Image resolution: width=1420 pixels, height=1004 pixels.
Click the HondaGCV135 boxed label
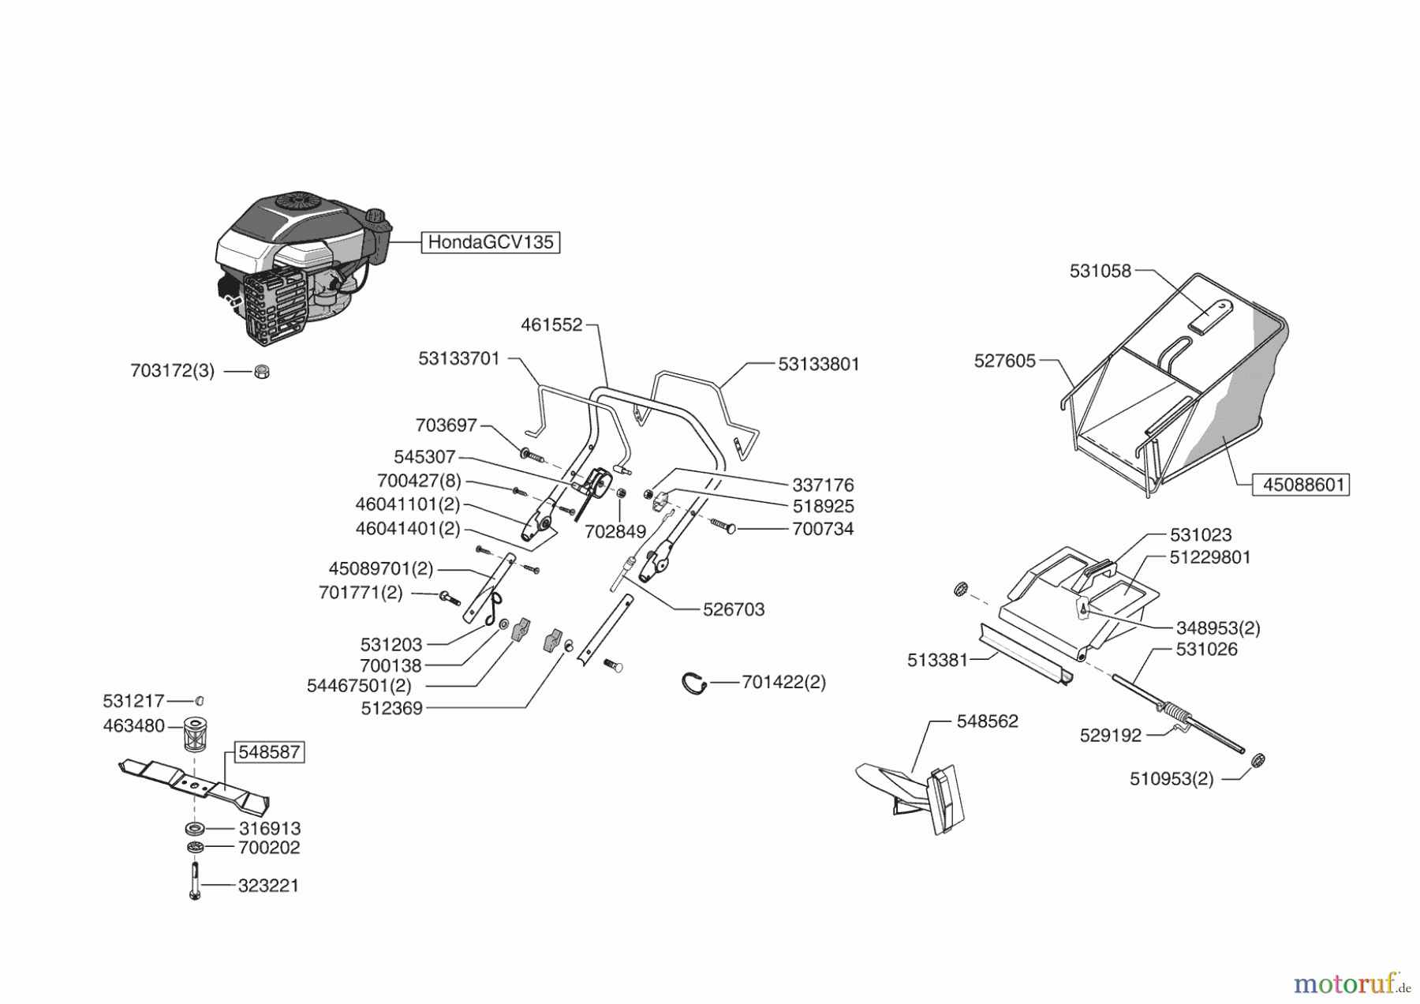click(x=491, y=242)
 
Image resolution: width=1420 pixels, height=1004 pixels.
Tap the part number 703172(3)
click(x=173, y=370)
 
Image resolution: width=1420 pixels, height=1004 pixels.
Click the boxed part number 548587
click(x=269, y=752)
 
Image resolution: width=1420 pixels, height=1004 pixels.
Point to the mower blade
click(x=194, y=784)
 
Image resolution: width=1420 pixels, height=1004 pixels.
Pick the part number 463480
click(x=134, y=725)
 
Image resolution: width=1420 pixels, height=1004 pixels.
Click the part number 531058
click(x=1100, y=271)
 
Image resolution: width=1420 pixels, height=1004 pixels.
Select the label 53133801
click(x=819, y=364)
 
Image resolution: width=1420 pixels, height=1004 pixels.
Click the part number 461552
click(x=551, y=324)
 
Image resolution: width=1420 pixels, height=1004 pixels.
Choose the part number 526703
click(x=734, y=609)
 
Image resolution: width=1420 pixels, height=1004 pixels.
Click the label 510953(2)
click(x=1171, y=779)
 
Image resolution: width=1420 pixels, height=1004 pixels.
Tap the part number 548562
click(x=988, y=721)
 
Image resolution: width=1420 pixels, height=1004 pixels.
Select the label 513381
click(x=937, y=660)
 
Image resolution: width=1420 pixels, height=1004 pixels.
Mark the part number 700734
click(x=823, y=529)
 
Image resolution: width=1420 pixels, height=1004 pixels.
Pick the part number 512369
click(x=392, y=708)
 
